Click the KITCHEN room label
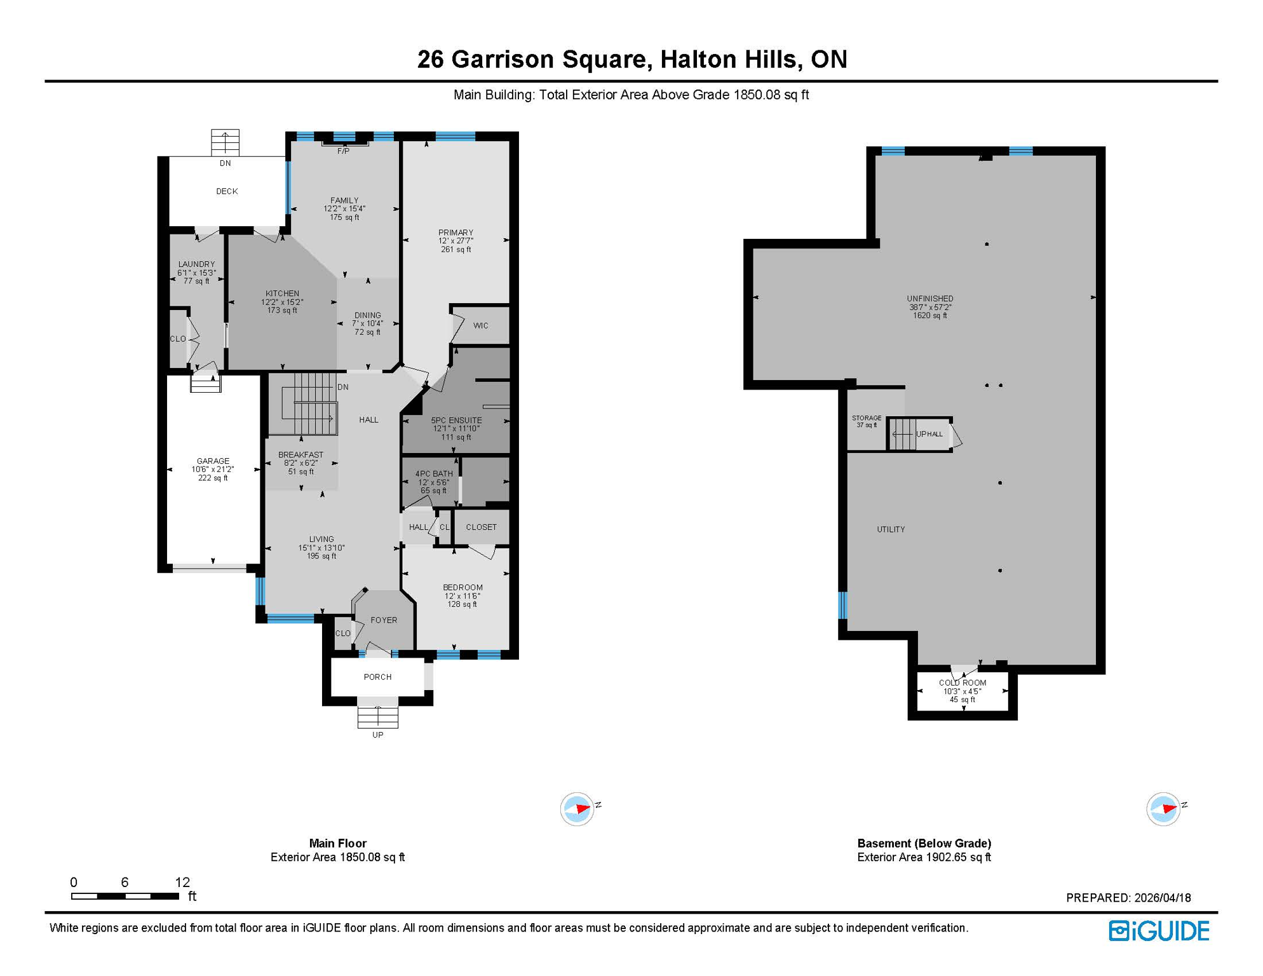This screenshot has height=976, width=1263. coord(282,294)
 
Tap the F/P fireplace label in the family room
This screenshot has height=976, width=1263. coord(343,151)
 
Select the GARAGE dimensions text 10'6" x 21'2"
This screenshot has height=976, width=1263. coord(213,470)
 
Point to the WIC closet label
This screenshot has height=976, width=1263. coord(481,325)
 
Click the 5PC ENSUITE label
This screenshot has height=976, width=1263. coord(456,420)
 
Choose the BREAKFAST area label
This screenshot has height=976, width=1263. coord(301,454)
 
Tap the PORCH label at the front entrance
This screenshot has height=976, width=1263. coord(377,677)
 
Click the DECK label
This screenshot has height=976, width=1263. coord(227,191)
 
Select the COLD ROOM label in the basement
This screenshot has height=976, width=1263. coord(962,682)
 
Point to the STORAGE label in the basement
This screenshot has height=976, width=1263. coord(867,418)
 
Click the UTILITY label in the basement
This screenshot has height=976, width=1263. coord(891,529)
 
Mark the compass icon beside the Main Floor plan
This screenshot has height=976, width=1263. coord(577,809)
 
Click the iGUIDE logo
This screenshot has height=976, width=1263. coord(1159,931)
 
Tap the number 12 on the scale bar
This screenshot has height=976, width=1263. coord(182,882)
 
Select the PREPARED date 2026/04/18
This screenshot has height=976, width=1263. coord(1163,898)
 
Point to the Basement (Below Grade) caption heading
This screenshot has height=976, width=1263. coord(924,843)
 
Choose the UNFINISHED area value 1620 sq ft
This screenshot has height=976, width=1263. coord(930,315)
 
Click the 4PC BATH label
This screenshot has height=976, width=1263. coord(434,473)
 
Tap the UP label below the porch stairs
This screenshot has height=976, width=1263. coord(377,735)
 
